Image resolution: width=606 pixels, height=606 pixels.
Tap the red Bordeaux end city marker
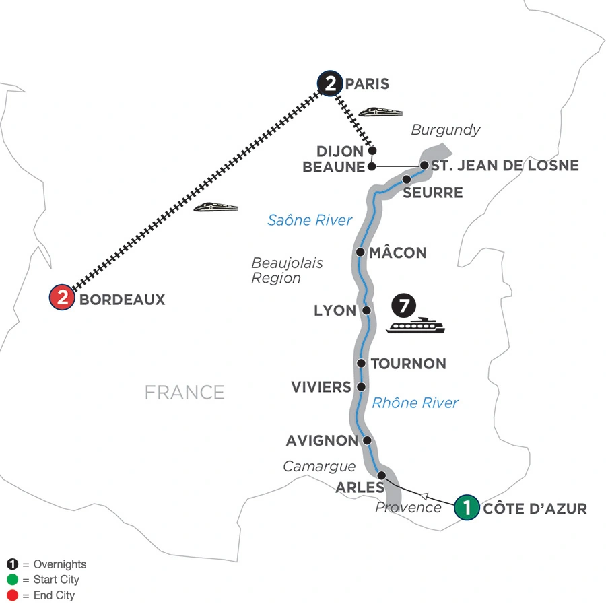[x=63, y=298]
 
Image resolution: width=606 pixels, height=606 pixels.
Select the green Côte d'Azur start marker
[x=467, y=507]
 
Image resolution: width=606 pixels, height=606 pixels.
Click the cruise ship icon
[x=417, y=326]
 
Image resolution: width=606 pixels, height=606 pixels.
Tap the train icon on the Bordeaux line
[x=215, y=207]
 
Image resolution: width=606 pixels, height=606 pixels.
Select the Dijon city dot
[x=372, y=151]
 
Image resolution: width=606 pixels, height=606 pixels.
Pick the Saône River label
[x=310, y=220]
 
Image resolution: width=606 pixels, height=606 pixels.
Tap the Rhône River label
[x=415, y=403]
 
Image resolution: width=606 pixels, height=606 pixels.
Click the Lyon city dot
[x=367, y=311]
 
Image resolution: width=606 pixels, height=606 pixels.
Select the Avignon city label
[x=321, y=442]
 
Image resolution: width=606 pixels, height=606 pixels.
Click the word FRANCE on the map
[x=184, y=392]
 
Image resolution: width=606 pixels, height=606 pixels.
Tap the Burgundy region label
[x=445, y=129]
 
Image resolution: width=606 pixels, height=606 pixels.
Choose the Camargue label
[x=318, y=465]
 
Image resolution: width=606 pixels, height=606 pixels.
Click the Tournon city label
[x=409, y=364]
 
